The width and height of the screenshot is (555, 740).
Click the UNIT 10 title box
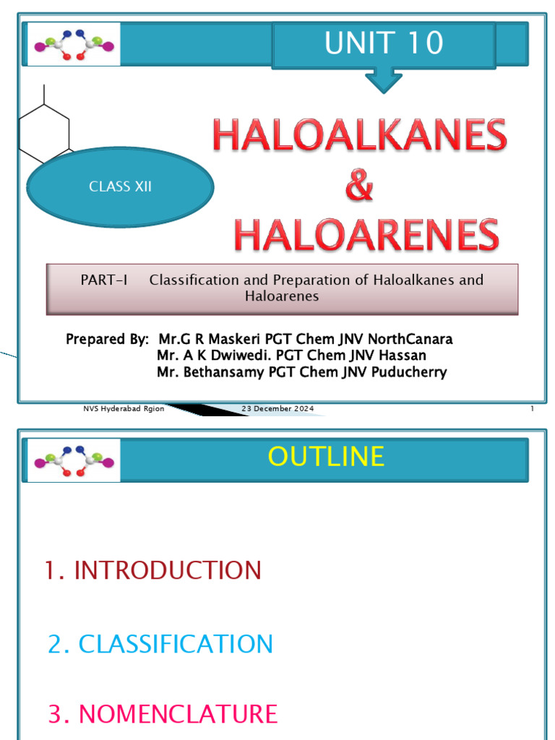[x=384, y=44]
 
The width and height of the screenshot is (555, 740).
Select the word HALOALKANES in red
[x=359, y=137]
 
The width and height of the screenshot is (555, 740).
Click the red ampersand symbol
[x=359, y=186]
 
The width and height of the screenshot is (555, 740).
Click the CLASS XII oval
[x=120, y=186]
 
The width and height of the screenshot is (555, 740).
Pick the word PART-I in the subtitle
[x=103, y=280]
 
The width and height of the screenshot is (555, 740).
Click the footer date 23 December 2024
[x=278, y=409]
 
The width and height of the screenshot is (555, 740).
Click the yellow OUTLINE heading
[x=326, y=457]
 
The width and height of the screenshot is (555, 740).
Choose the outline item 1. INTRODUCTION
[x=152, y=570]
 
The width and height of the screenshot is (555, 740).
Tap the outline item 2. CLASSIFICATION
[x=160, y=643]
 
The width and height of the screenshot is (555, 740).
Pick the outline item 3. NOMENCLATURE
[x=163, y=714]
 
